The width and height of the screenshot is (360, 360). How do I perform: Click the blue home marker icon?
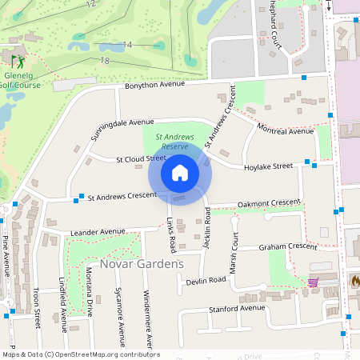[180, 172]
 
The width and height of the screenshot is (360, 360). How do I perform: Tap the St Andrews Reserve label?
[174, 142]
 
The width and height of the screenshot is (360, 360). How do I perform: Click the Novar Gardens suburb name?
[142, 263]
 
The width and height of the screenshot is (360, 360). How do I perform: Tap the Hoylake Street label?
[269, 166]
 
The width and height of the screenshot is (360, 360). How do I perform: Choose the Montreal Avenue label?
[285, 130]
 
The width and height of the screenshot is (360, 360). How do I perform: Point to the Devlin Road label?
[206, 281]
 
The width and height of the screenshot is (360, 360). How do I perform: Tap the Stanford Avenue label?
[236, 308]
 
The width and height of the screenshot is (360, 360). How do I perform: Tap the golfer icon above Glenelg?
[17, 60]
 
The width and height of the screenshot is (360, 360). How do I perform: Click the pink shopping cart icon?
[313, 282]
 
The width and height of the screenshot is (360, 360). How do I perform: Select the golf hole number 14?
[127, 45]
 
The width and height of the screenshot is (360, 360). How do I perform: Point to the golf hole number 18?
[104, 61]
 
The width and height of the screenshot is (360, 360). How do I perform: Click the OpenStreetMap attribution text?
[80, 354]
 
